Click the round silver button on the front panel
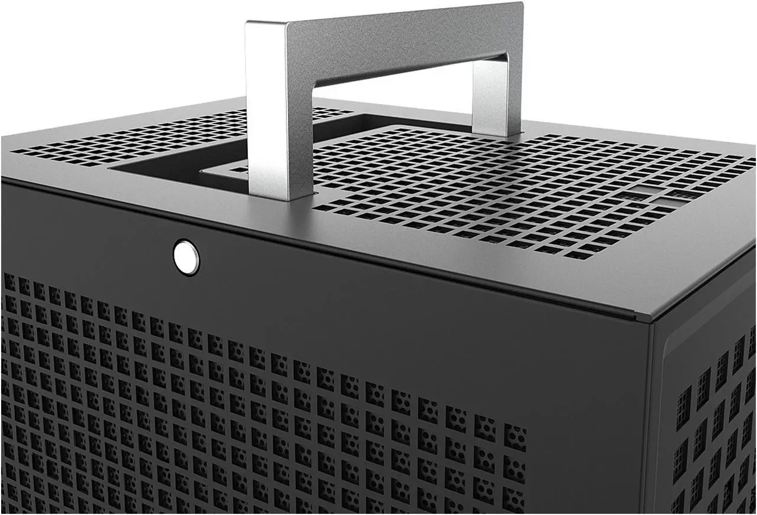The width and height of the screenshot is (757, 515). pos(186,257)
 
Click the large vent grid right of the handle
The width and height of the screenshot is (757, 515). pos(503,189)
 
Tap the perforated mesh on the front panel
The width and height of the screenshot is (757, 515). pos(237,413)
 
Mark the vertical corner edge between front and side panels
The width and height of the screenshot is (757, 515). pos(651,413)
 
